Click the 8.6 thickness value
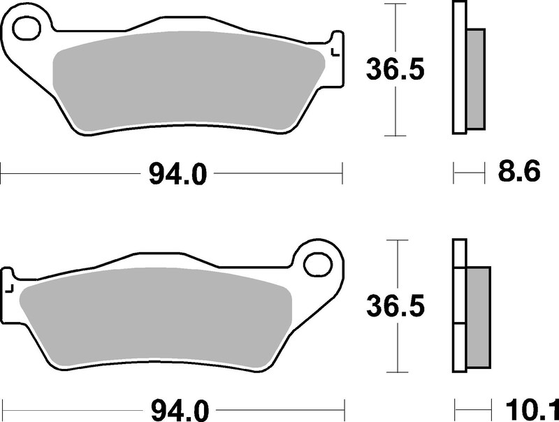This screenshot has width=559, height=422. click(x=517, y=172)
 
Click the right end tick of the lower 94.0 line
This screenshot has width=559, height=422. click(x=346, y=406)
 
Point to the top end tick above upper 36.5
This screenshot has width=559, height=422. click(x=396, y=3)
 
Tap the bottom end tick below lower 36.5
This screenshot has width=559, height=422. click(x=397, y=371)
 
